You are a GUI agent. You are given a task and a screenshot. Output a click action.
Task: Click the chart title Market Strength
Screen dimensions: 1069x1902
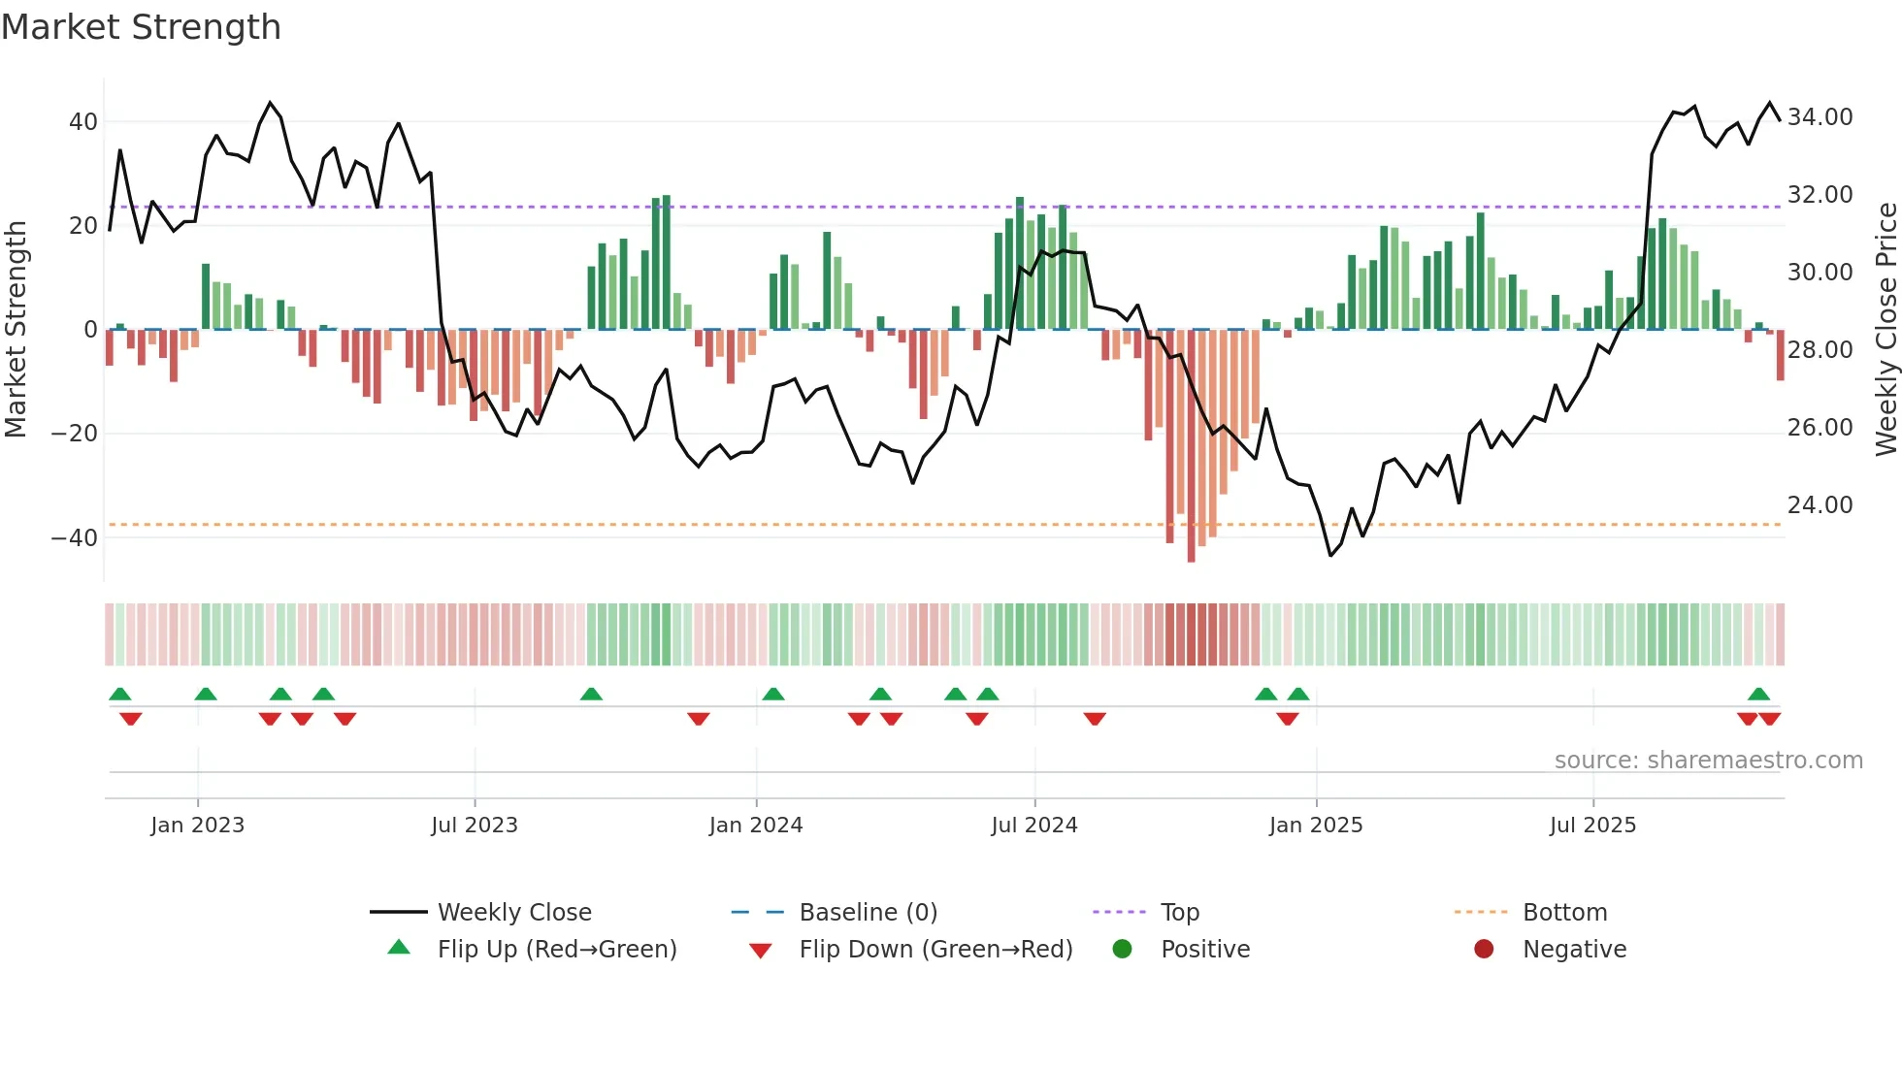pyautogui.click(x=141, y=27)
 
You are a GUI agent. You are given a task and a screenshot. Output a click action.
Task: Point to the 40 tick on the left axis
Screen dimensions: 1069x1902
pyautogui.click(x=83, y=122)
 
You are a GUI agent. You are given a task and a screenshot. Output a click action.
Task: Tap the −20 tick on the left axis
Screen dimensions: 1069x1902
pyautogui.click(x=75, y=434)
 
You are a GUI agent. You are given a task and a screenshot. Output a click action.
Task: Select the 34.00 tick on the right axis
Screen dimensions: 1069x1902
pyautogui.click(x=1820, y=117)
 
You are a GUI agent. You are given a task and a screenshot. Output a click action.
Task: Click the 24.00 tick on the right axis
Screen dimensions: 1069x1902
pyautogui.click(x=1820, y=505)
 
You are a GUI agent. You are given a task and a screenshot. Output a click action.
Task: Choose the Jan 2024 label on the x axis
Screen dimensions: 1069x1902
pyautogui.click(x=756, y=826)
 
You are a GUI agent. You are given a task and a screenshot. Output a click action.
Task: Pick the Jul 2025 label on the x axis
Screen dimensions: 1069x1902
pyautogui.click(x=1592, y=826)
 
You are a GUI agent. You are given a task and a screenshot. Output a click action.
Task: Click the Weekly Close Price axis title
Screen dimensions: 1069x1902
pyautogui.click(x=1886, y=329)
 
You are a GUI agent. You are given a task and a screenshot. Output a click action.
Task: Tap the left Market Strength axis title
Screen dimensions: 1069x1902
pyautogui.click(x=16, y=329)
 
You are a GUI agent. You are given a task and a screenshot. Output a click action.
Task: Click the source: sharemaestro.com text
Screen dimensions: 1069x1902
pyautogui.click(x=1708, y=761)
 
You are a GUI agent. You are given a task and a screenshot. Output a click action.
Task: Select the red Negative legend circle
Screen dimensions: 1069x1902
pyautogui.click(x=1484, y=950)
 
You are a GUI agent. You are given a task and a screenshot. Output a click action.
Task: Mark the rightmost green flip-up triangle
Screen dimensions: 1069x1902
pyautogui.click(x=1758, y=695)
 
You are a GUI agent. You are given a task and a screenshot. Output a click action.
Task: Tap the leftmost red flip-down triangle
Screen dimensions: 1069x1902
pyautogui.click(x=131, y=719)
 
